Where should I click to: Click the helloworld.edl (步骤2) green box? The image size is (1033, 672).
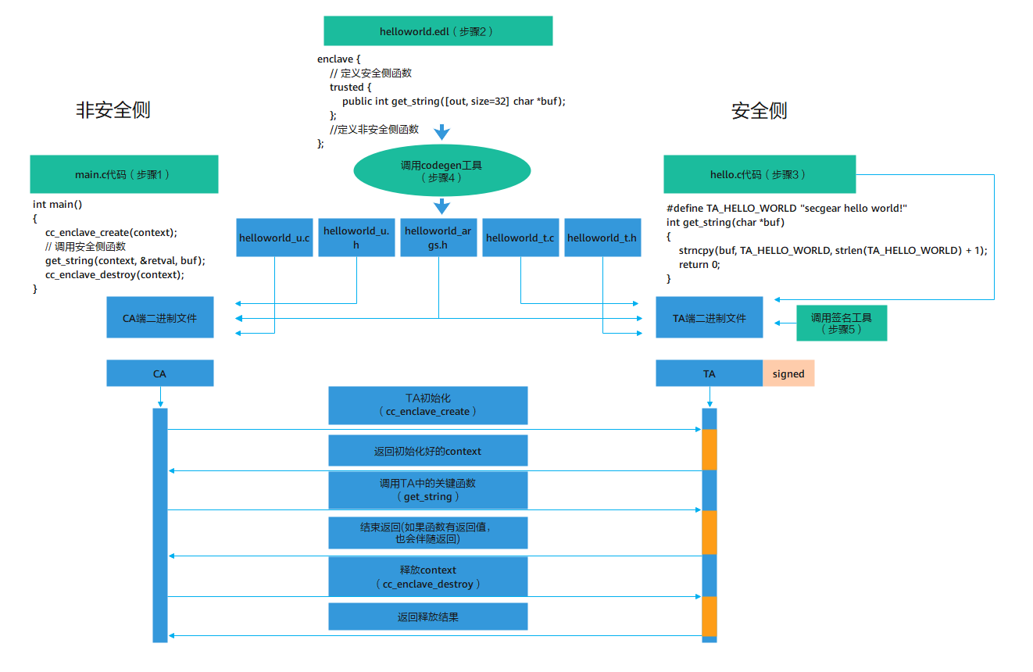pyautogui.click(x=438, y=31)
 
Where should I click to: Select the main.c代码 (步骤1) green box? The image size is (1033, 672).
pyautogui.click(x=123, y=174)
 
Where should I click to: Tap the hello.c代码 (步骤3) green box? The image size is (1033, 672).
pyautogui.click(x=759, y=174)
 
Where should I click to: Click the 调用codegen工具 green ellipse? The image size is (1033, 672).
pyautogui.click(x=441, y=171)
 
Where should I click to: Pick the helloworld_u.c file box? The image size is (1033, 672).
pyautogui.click(x=274, y=238)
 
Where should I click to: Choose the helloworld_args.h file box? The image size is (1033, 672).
pyautogui.click(x=438, y=238)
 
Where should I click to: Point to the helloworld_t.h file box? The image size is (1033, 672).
pyautogui.click(x=602, y=238)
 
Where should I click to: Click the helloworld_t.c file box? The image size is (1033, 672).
pyautogui.click(x=520, y=238)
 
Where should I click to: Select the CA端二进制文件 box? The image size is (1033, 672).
pyautogui.click(x=159, y=317)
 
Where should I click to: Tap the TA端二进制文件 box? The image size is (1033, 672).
pyautogui.click(x=709, y=317)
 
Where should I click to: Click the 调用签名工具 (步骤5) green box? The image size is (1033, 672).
pyautogui.click(x=841, y=323)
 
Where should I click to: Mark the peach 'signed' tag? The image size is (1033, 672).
pyautogui.click(x=788, y=374)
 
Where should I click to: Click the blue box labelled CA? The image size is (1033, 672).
pyautogui.click(x=159, y=374)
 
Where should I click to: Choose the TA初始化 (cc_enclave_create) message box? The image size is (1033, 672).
pyautogui.click(x=427, y=405)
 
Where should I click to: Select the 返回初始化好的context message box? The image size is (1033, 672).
pyautogui.click(x=427, y=451)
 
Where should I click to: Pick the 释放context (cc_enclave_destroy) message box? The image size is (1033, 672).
pyautogui.click(x=427, y=577)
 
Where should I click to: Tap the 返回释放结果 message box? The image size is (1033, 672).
pyautogui.click(x=427, y=617)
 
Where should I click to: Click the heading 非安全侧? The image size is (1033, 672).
pyautogui.click(x=113, y=110)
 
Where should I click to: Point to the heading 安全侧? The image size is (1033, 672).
pyautogui.click(x=759, y=111)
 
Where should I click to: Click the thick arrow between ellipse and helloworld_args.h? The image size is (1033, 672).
pyautogui.click(x=441, y=206)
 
